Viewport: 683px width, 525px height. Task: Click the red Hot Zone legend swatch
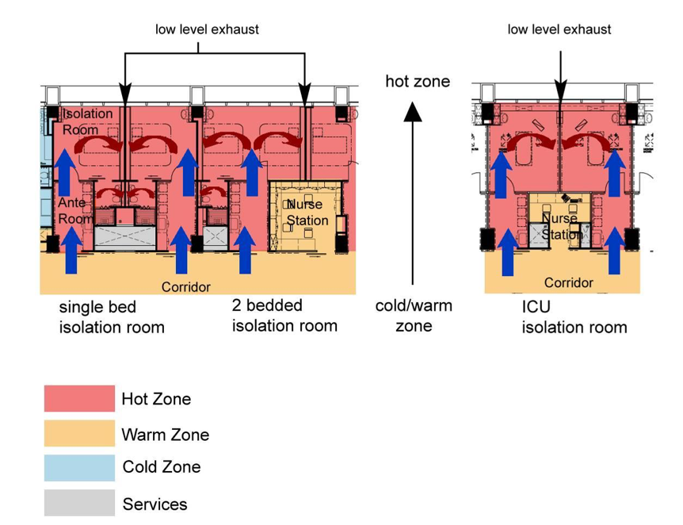(78, 398)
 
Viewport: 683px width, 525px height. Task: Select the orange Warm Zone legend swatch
(78, 434)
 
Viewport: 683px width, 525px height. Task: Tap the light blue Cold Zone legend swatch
(78, 467)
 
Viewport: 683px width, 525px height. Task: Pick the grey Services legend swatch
(78, 504)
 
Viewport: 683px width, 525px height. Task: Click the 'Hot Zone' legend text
(156, 399)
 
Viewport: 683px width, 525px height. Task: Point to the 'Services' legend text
(155, 504)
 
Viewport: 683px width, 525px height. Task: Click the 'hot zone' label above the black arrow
(418, 82)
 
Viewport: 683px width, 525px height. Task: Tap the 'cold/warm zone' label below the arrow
(414, 316)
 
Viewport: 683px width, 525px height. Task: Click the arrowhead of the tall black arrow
(413, 112)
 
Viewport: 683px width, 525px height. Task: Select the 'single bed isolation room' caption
(112, 317)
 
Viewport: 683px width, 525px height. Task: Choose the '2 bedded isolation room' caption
(284, 316)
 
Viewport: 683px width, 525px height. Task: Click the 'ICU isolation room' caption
(574, 317)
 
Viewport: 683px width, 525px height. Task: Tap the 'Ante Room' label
(74, 210)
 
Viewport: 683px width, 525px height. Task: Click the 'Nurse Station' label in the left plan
(307, 213)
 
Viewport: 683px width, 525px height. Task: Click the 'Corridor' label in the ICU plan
(568, 282)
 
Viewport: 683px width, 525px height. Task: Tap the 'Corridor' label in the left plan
(186, 286)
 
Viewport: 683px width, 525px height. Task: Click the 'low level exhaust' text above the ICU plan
(559, 29)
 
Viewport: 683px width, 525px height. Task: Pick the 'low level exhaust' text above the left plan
(207, 29)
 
